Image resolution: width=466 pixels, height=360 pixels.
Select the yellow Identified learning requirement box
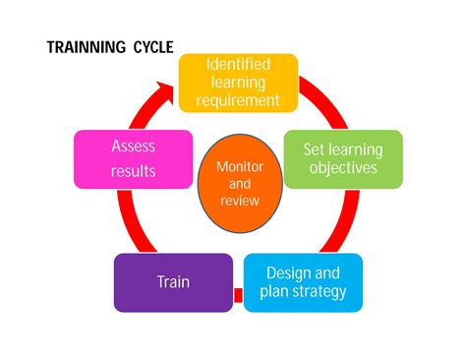(238, 83)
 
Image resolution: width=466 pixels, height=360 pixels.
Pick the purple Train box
(173, 282)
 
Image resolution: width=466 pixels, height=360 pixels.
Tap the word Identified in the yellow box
(238, 65)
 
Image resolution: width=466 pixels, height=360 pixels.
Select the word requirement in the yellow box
(238, 100)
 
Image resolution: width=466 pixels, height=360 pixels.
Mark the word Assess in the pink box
(133, 147)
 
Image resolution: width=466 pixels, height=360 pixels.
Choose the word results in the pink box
(133, 172)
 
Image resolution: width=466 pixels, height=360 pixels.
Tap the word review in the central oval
(241, 201)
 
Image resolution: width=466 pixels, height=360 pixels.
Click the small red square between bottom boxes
(237, 294)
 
